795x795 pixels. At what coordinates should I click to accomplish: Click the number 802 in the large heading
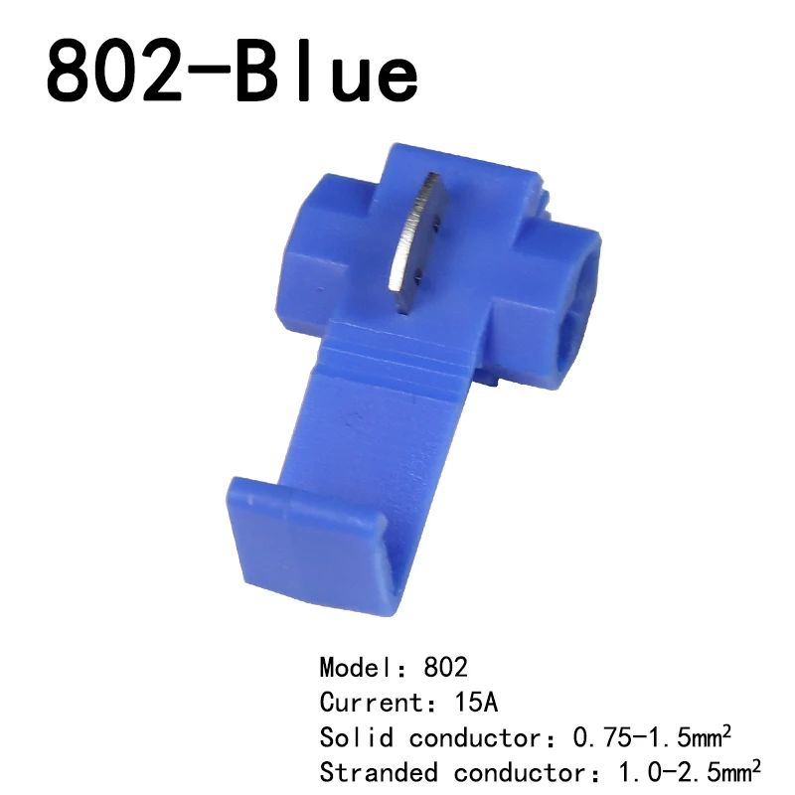114,74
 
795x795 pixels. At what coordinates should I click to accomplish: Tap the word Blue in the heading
327,74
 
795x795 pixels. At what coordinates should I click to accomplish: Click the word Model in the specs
357,667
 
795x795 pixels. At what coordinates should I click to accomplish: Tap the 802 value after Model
445,667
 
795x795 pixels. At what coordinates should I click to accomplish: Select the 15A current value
476,703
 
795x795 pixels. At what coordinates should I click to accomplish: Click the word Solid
357,737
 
